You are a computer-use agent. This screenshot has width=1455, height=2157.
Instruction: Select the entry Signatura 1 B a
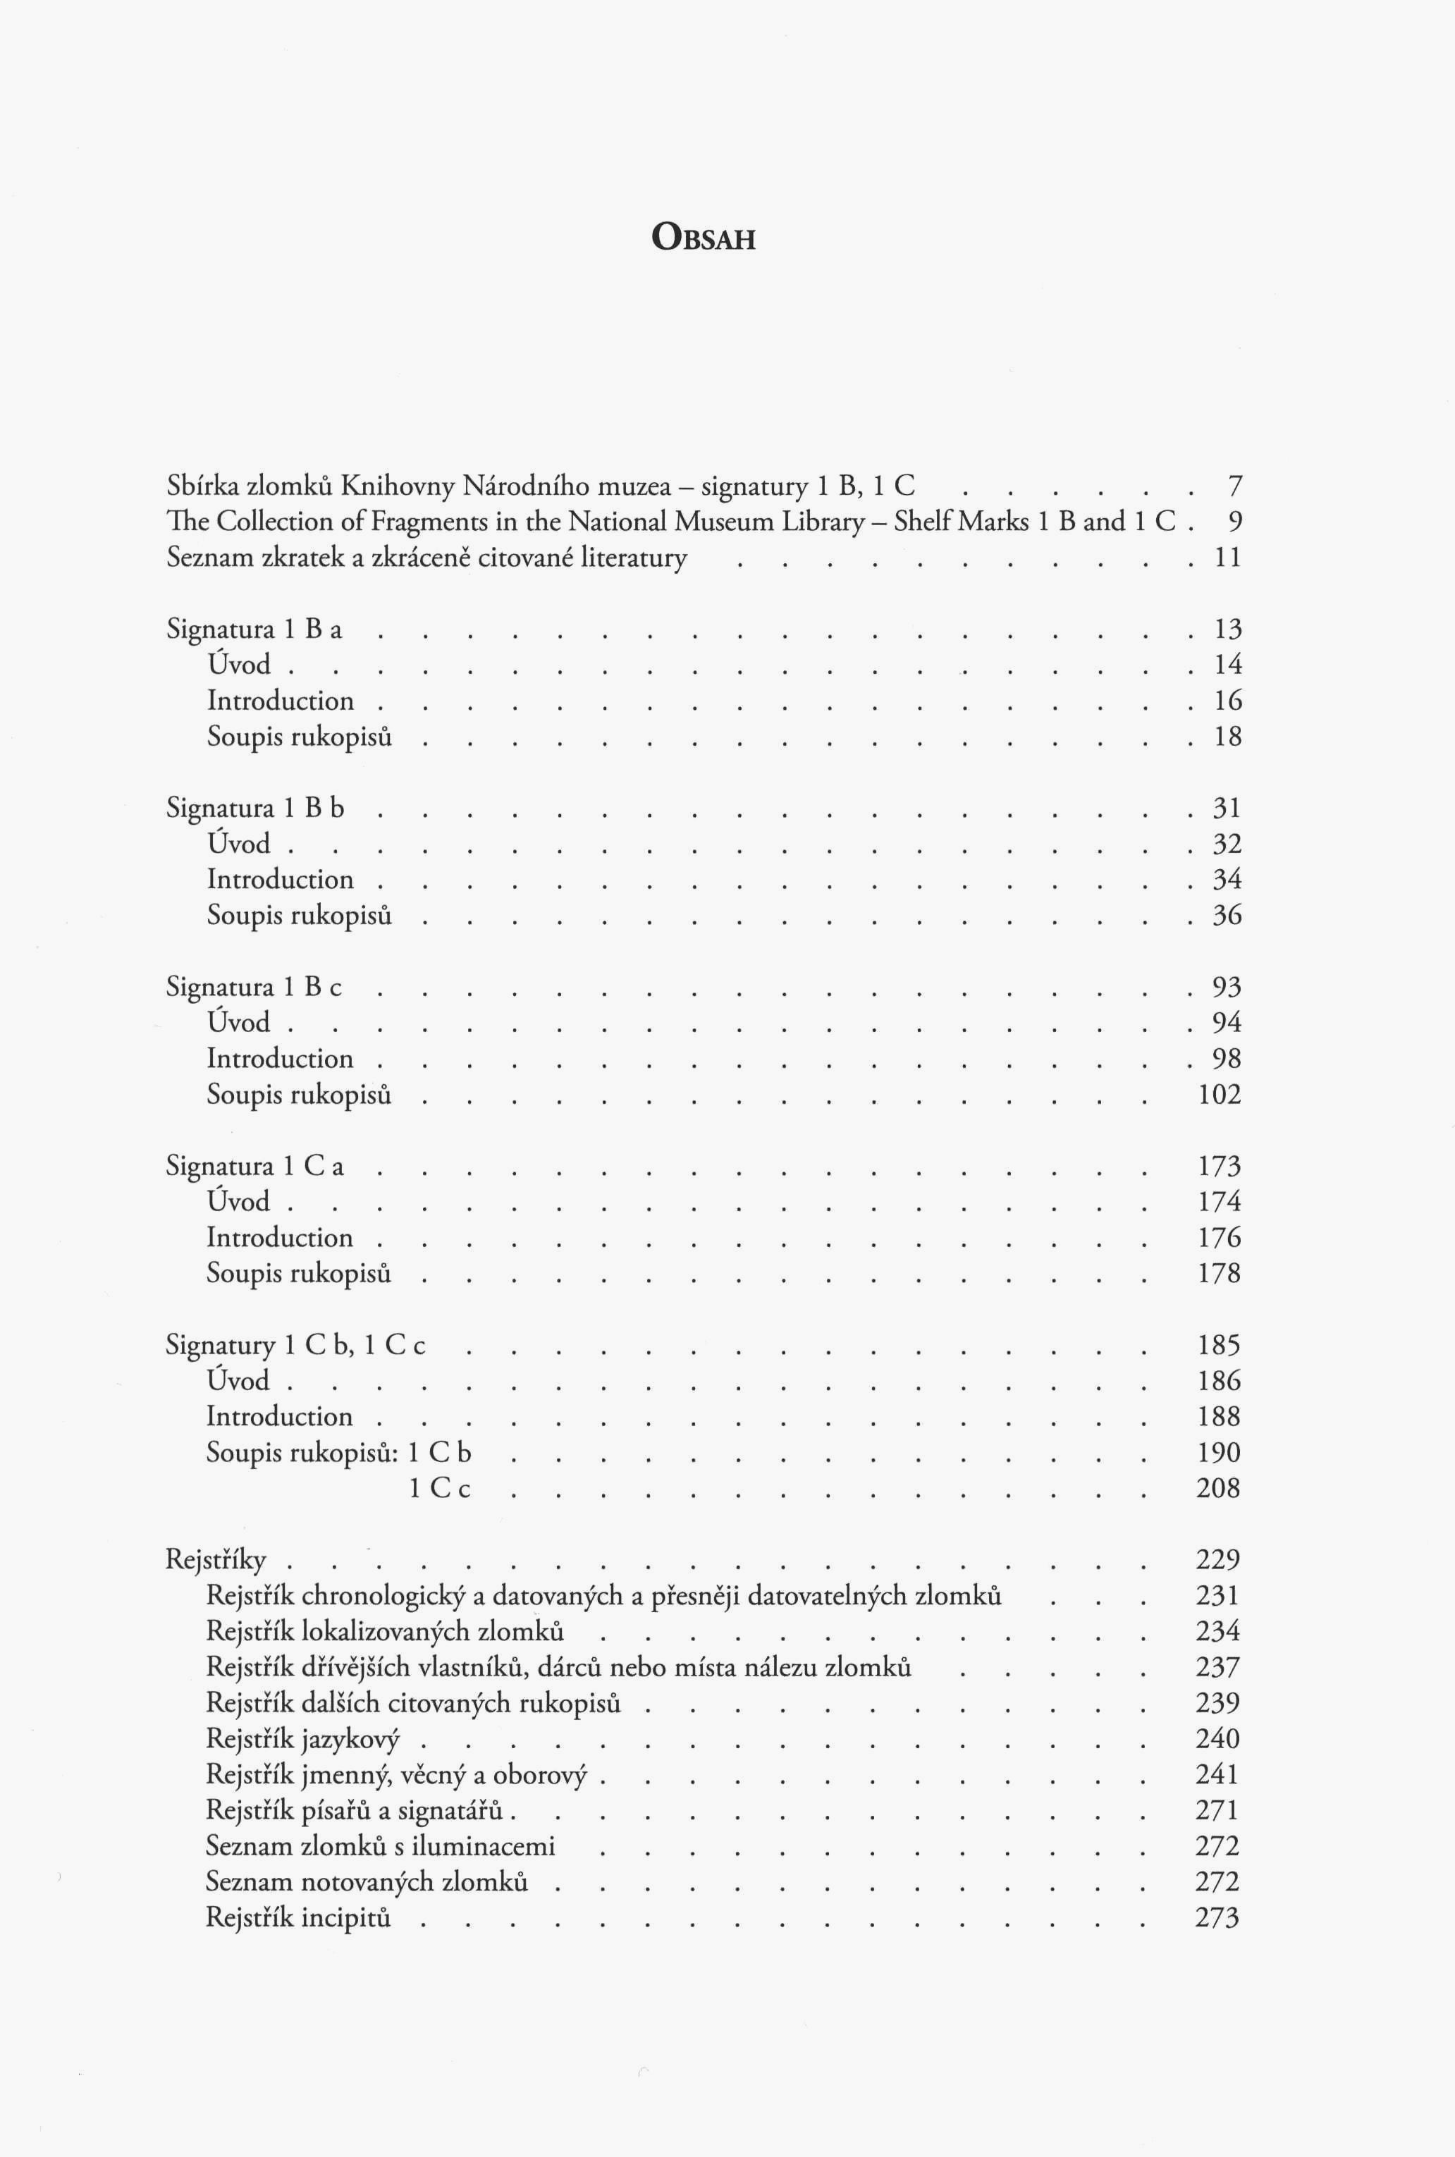[x=254, y=630]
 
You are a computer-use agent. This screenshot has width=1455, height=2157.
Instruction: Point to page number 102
[x=1220, y=1095]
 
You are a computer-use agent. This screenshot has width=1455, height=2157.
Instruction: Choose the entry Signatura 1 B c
[x=254, y=987]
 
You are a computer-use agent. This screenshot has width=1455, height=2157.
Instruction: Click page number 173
[x=1220, y=1166]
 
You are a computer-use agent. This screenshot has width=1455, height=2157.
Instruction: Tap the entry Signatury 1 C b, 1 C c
[x=295, y=1345]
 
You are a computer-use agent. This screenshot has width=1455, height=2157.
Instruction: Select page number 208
[x=1218, y=1488]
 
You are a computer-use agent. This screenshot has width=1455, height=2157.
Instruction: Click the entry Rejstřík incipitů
[x=298, y=1917]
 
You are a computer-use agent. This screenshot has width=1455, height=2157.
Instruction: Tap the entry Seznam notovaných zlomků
[x=367, y=1881]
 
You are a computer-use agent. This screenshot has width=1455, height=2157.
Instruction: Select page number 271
[x=1218, y=1810]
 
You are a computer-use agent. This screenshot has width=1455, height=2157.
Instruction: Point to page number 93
[x=1227, y=987]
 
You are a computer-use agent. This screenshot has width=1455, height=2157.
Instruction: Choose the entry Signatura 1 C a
[x=255, y=1166]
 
